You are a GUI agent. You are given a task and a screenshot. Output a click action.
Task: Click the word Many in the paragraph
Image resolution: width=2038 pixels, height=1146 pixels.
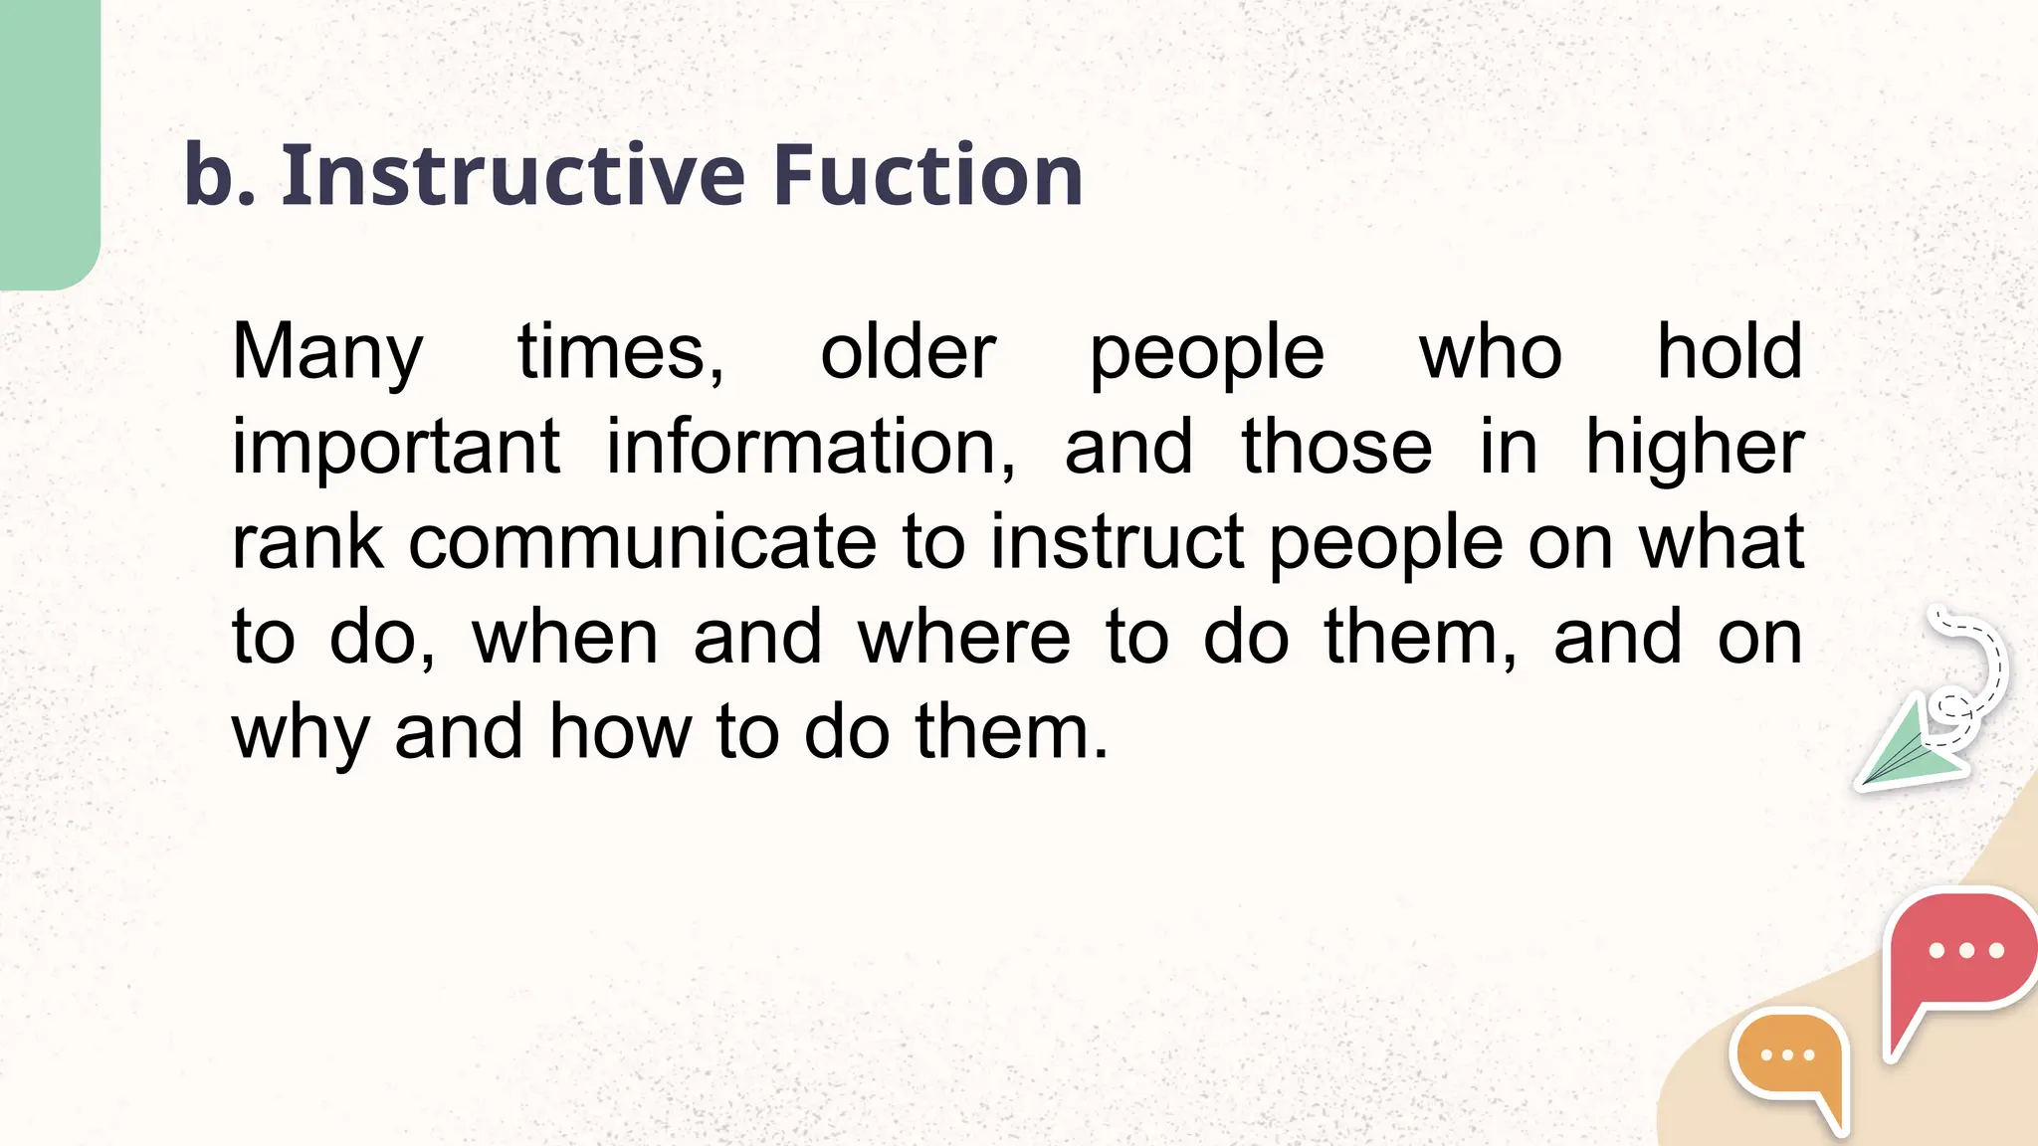tap(327, 353)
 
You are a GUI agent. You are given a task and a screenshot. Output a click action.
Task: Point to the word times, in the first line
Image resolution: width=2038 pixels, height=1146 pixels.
tap(621, 353)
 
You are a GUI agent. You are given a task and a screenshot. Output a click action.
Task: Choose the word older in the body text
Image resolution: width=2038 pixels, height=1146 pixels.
tap(908, 353)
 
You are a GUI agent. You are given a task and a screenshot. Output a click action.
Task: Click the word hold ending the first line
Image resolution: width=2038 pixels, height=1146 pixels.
tap(1730, 353)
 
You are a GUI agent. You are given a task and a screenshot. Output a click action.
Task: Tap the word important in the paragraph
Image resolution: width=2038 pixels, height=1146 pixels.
tap(396, 448)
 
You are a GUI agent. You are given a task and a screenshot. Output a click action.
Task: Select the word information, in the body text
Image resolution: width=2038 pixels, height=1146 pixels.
tap(811, 448)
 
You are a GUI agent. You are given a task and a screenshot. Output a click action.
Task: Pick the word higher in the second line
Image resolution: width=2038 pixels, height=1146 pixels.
tap(1694, 448)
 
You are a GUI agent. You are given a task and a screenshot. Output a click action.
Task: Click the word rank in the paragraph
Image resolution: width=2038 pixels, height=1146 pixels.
tap(307, 543)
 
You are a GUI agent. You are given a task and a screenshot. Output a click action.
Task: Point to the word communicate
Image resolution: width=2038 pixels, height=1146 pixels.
tap(642, 543)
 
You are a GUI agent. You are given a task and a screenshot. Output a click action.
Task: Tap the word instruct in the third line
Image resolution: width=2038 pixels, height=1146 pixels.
tap(1117, 543)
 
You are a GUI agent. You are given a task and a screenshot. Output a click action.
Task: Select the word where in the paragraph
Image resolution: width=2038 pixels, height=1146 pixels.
tap(964, 638)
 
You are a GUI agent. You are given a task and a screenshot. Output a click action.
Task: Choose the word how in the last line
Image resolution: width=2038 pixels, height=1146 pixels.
tap(620, 732)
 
